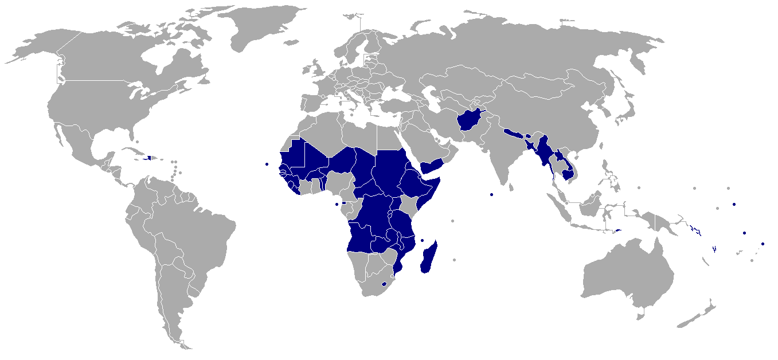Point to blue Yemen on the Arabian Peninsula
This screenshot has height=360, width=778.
coord(431,166)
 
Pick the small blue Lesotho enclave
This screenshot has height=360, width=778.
coord(384,284)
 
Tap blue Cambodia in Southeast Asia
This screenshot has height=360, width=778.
coord(569,174)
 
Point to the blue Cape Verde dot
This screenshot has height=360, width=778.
coord(267,164)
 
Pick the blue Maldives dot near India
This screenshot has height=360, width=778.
coord(492,194)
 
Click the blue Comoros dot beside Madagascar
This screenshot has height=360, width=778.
coord(422,240)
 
